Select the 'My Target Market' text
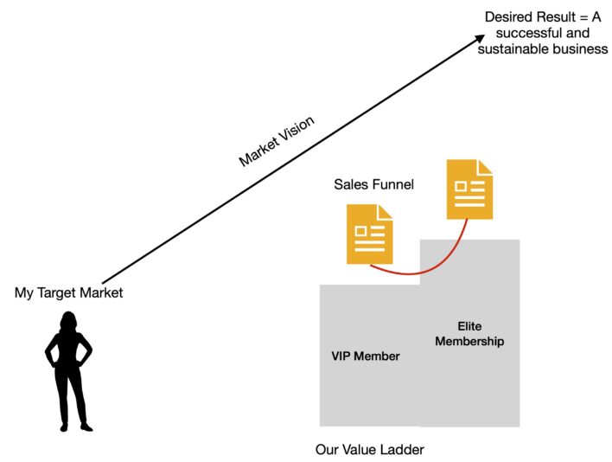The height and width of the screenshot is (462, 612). (69, 292)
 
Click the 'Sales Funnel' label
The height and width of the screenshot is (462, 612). (374, 184)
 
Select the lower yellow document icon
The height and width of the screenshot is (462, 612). (369, 234)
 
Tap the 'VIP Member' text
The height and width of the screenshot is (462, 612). (366, 356)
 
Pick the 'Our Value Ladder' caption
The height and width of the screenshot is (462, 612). (370, 449)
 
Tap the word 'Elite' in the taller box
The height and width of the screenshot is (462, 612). (469, 326)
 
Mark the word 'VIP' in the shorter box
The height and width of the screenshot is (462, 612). (343, 356)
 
